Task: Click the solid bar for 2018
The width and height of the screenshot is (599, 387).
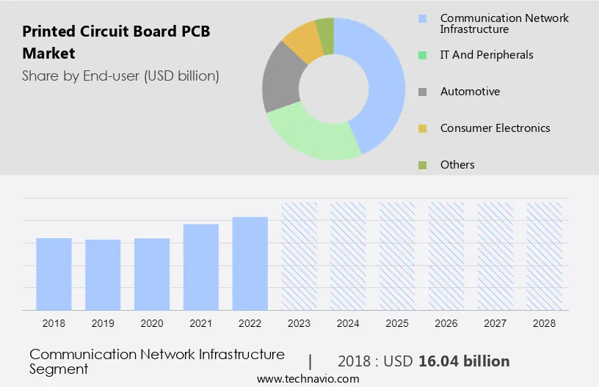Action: [54, 273]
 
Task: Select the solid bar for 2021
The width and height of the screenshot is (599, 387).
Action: [201, 267]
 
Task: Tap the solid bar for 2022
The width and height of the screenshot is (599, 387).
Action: [250, 263]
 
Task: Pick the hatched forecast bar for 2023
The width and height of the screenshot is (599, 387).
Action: [299, 256]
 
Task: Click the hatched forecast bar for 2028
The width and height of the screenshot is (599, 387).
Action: [545, 256]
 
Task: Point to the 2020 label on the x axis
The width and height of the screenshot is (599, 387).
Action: [152, 322]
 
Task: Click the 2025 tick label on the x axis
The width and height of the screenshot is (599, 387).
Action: [397, 322]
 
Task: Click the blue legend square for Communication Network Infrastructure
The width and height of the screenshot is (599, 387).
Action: [422, 18]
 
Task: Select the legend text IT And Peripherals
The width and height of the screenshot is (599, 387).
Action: [487, 55]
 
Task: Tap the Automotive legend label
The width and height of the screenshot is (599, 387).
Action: [470, 92]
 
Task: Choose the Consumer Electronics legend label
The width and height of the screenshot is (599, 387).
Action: [495, 128]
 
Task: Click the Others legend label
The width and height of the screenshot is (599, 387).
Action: [457, 165]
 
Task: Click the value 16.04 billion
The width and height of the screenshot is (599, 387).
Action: [464, 361]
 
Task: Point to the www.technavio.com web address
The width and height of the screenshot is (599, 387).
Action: [308, 379]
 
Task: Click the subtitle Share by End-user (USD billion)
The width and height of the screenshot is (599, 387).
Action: [120, 75]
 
